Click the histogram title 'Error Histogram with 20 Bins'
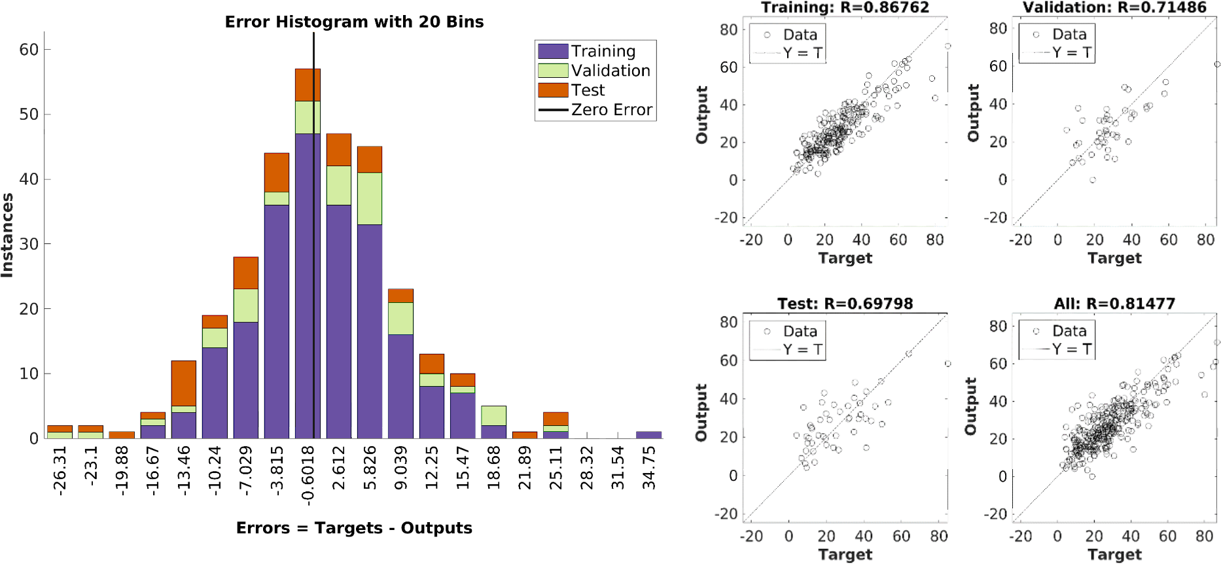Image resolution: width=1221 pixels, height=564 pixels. tap(354, 22)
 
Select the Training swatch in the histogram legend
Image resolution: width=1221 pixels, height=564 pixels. tap(552, 51)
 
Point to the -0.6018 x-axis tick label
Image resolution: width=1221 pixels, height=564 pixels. tap(308, 475)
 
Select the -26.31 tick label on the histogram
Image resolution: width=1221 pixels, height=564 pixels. tap(60, 471)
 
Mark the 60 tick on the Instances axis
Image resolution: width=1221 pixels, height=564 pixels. tap(29, 50)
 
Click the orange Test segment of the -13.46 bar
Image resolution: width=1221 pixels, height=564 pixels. tap(184, 383)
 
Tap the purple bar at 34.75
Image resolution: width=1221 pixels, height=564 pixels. tap(648, 434)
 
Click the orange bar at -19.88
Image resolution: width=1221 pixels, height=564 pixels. tap(122, 434)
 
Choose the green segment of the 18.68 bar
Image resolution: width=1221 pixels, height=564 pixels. tap(493, 415)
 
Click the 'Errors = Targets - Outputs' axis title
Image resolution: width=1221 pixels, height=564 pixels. tap(354, 528)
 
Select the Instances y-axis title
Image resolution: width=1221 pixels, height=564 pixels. tap(8, 236)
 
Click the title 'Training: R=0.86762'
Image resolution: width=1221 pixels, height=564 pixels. tap(845, 8)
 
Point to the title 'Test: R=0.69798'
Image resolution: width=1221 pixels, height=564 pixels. tap(845, 304)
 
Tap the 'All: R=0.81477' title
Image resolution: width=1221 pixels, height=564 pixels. tap(1114, 304)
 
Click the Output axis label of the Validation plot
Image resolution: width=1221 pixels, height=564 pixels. tap(973, 113)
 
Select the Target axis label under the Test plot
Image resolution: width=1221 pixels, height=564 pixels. tap(845, 555)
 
